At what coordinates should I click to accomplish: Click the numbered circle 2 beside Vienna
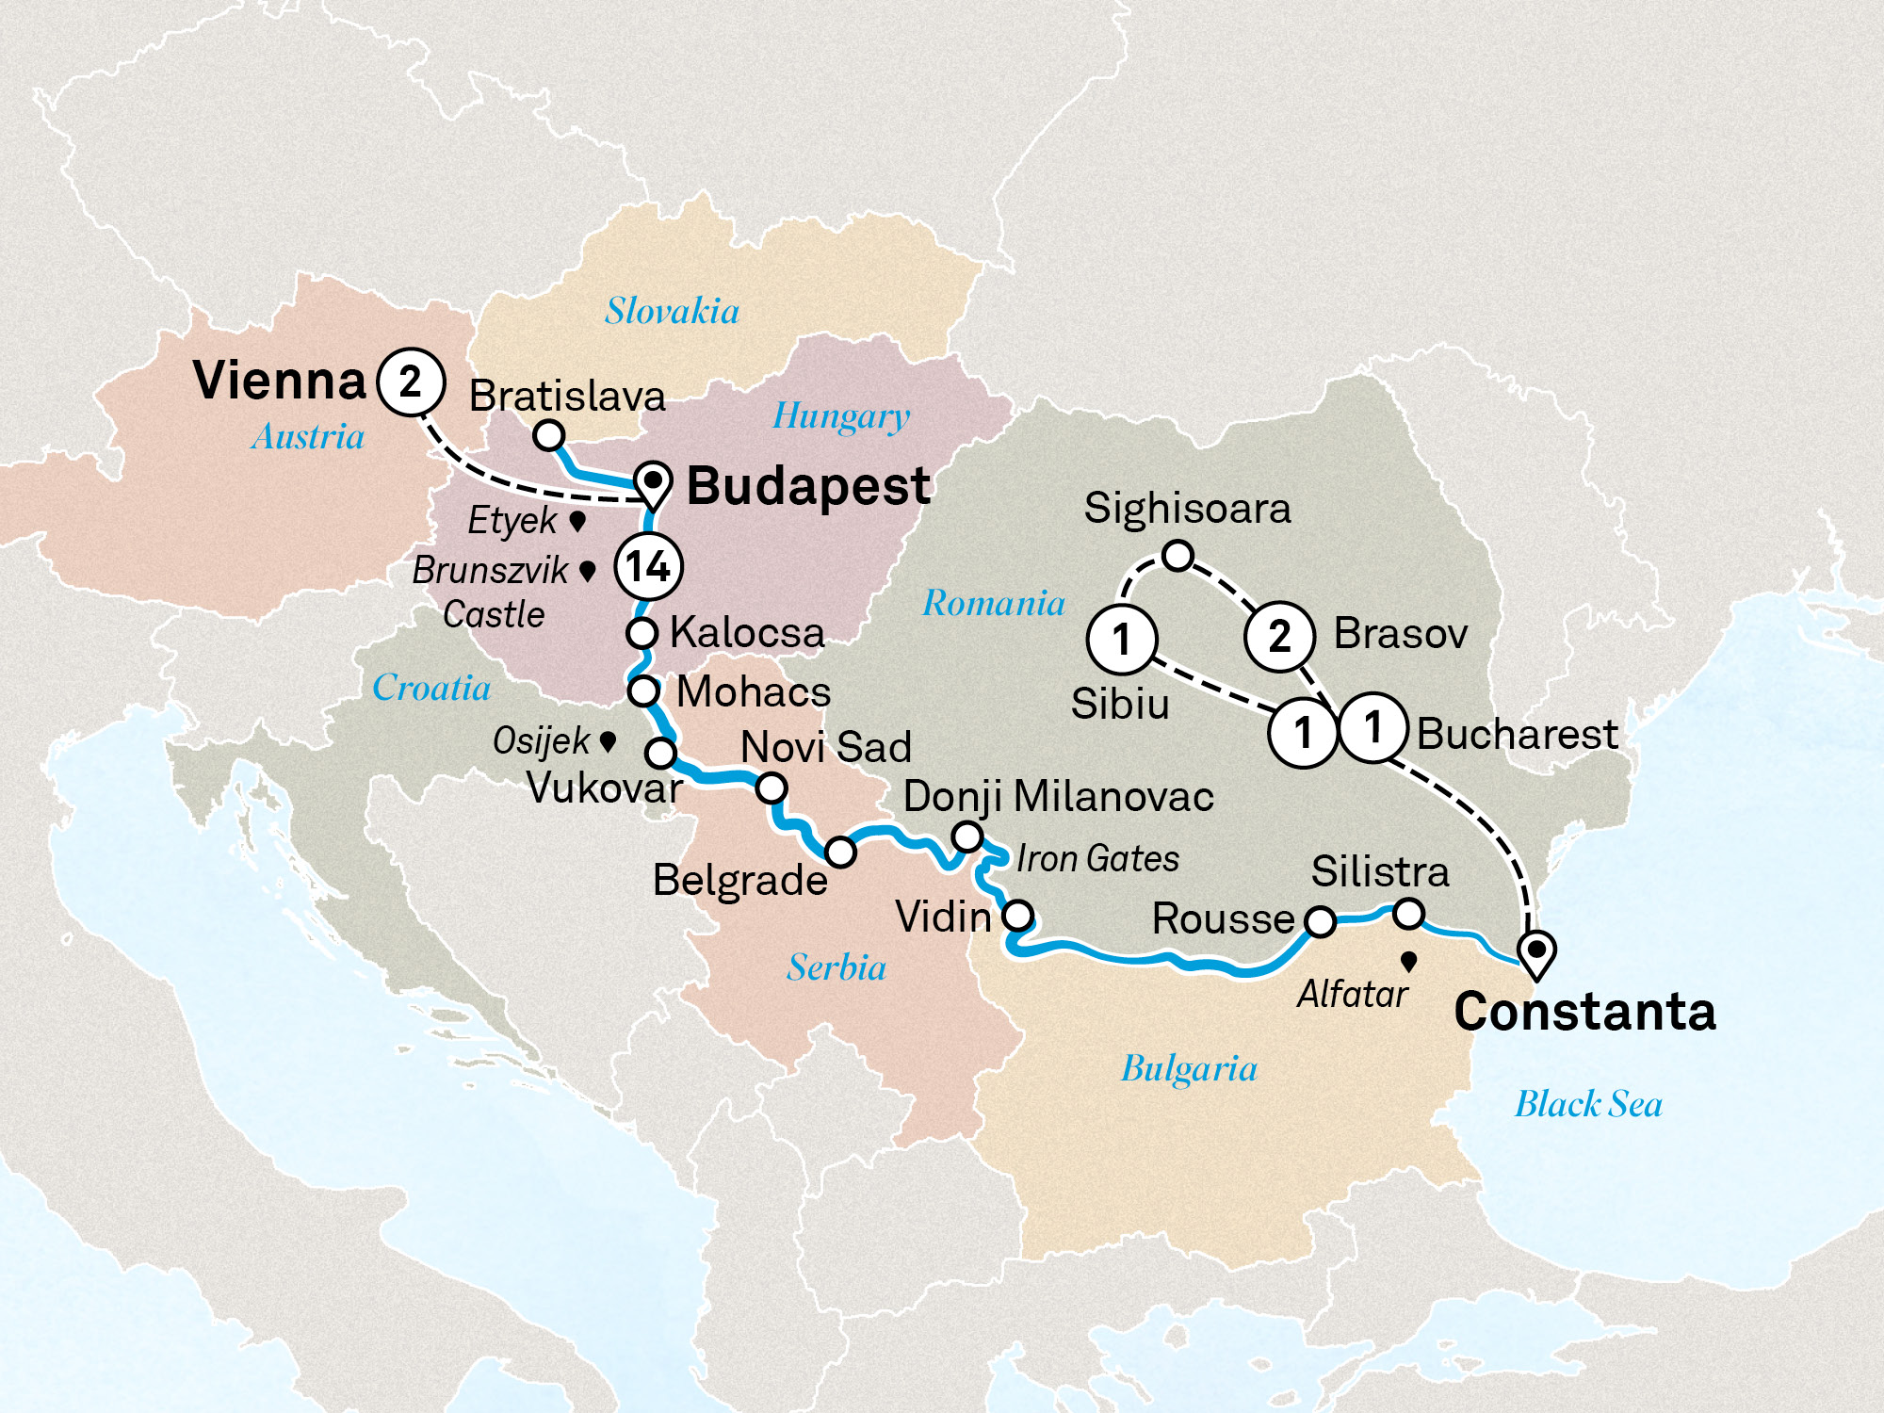coord(411,382)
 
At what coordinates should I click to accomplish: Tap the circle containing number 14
coord(648,566)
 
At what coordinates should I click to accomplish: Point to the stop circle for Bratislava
coord(548,435)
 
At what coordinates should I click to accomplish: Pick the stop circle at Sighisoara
coord(1177,556)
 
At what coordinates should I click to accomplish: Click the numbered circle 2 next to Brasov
coord(1279,637)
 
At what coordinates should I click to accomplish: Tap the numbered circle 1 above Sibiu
coord(1121,640)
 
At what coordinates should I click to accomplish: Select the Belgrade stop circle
coord(840,853)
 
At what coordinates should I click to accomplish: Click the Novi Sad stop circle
coord(771,788)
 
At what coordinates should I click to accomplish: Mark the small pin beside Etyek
coord(578,520)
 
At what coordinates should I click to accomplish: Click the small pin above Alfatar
coord(1409,962)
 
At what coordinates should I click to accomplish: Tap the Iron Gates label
coord(1097,859)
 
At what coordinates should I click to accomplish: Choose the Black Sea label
coord(1588,1104)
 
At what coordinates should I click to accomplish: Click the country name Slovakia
coord(672,311)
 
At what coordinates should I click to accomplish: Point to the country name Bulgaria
coord(1189,1069)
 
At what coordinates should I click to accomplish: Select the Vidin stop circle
coord(1018,915)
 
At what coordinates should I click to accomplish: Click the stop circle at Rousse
coord(1320,921)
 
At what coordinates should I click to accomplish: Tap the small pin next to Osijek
coord(609,741)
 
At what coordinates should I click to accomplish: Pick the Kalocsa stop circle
coord(642,633)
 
